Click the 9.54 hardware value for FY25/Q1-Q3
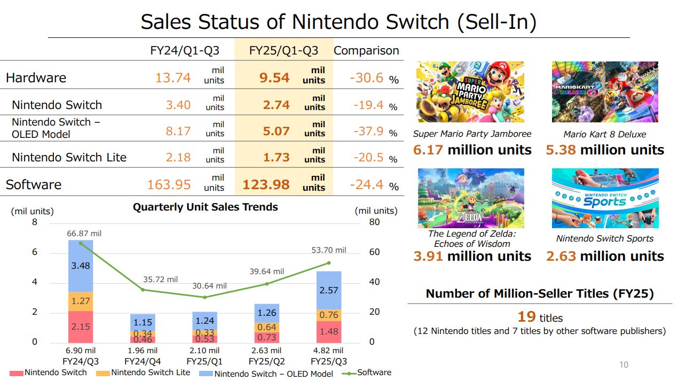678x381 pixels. pyautogui.click(x=274, y=78)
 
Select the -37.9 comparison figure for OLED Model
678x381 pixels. pyautogui.click(x=368, y=131)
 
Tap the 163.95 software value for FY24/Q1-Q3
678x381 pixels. pyautogui.click(x=169, y=185)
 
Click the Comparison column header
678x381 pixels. pyautogui.click(x=366, y=51)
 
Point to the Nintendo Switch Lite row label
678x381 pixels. pyautogui.click(x=69, y=158)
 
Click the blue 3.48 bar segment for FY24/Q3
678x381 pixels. pyautogui.click(x=81, y=266)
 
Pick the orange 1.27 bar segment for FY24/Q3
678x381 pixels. pyautogui.click(x=81, y=301)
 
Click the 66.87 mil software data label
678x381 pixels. pyautogui.click(x=84, y=234)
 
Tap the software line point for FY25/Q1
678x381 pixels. pyautogui.click(x=204, y=297)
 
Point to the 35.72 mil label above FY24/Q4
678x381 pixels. pyautogui.click(x=160, y=279)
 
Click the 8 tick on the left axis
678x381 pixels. pyautogui.click(x=35, y=222)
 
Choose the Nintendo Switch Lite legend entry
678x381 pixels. pyautogui.click(x=150, y=372)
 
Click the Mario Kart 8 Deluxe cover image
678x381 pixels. pyautogui.click(x=605, y=92)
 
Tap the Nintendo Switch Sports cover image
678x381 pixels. pyautogui.click(x=605, y=198)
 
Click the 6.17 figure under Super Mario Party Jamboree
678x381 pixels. pyautogui.click(x=428, y=150)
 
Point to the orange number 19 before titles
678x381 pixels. pyautogui.click(x=526, y=316)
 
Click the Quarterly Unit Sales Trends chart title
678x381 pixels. pyautogui.click(x=205, y=207)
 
